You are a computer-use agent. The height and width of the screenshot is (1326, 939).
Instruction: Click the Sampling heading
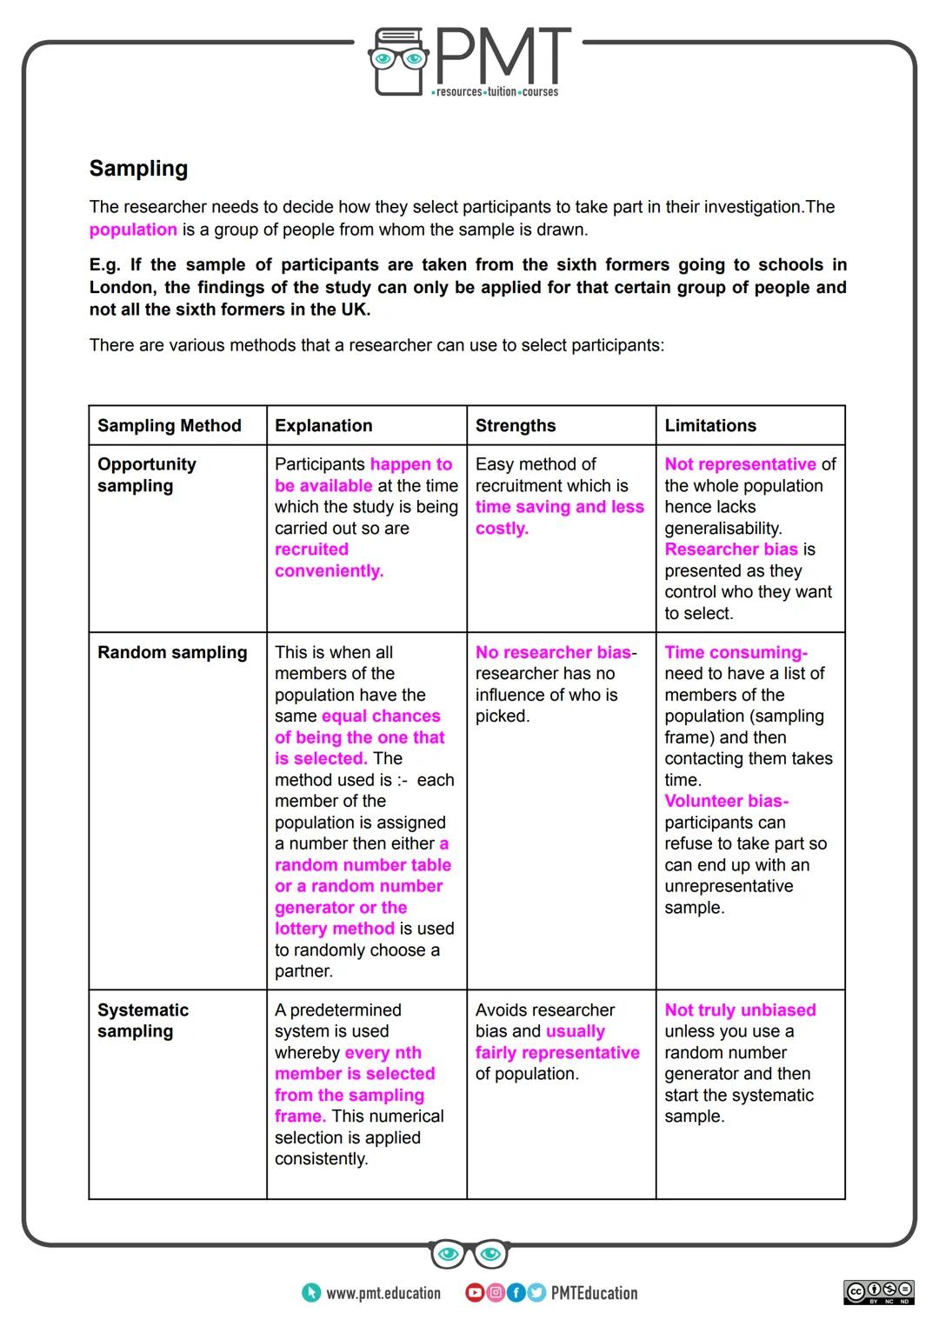pyautogui.click(x=138, y=169)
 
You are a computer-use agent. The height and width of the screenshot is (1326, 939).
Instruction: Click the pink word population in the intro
pyautogui.click(x=133, y=230)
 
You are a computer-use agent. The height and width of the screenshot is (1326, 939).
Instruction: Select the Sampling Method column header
pyautogui.click(x=169, y=425)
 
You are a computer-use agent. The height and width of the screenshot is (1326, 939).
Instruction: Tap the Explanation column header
pyautogui.click(x=323, y=425)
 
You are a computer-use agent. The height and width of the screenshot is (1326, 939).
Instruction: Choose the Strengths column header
pyautogui.click(x=516, y=425)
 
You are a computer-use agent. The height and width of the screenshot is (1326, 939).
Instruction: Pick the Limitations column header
pyautogui.click(x=710, y=425)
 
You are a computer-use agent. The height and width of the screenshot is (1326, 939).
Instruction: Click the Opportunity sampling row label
pyautogui.click(x=146, y=475)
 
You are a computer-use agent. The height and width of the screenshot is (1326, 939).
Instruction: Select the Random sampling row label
pyautogui.click(x=172, y=652)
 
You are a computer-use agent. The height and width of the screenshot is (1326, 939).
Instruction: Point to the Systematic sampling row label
pyautogui.click(x=143, y=1020)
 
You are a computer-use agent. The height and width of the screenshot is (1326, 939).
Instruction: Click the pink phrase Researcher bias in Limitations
pyautogui.click(x=730, y=550)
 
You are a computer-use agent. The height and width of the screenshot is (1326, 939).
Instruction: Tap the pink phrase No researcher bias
pyautogui.click(x=553, y=652)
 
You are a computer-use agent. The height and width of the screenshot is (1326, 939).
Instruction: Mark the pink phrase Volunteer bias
pyautogui.click(x=725, y=801)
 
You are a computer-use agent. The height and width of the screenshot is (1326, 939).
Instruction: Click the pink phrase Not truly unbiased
pyautogui.click(x=740, y=1009)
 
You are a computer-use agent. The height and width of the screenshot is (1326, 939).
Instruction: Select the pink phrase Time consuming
pyautogui.click(x=735, y=652)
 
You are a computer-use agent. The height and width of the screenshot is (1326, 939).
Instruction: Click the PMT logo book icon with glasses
pyautogui.click(x=399, y=60)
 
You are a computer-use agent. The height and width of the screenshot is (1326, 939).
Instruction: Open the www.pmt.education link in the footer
pyautogui.click(x=383, y=1293)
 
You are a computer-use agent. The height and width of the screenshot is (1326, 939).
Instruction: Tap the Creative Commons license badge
pyautogui.click(x=878, y=1292)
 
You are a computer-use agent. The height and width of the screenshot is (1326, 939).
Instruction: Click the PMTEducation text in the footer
pyautogui.click(x=594, y=1293)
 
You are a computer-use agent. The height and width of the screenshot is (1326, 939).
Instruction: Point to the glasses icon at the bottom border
pyautogui.click(x=469, y=1253)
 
